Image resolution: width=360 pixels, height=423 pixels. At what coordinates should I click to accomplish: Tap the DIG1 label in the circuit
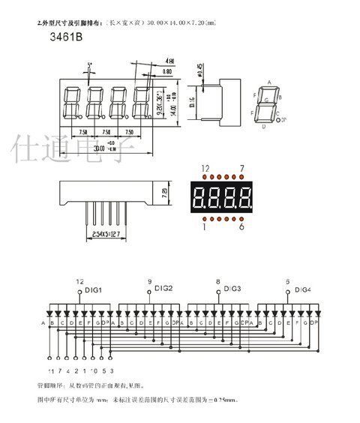tap(93, 289)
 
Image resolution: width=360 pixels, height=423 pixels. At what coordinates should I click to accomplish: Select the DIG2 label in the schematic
tap(163, 288)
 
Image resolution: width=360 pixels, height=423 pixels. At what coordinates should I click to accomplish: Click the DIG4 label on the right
tap(303, 289)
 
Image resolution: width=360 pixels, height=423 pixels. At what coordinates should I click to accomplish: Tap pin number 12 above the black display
tap(203, 167)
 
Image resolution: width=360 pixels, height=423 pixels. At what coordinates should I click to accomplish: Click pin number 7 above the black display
tap(241, 167)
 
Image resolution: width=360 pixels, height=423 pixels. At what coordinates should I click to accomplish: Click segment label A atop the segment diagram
tap(268, 83)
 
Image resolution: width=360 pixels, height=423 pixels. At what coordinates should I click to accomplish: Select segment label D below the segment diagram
tap(263, 127)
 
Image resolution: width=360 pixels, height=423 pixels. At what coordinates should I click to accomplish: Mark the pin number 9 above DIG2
tap(148, 280)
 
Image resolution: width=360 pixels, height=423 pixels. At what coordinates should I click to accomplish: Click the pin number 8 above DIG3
tap(217, 280)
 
